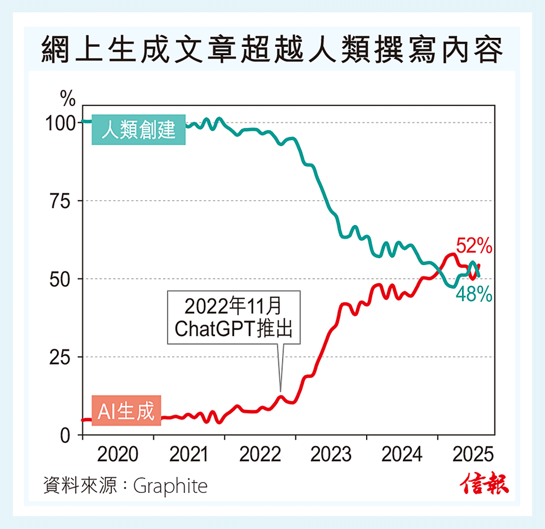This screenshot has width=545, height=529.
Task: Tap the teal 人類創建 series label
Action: point(138,129)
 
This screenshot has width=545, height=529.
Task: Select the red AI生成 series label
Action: point(126,410)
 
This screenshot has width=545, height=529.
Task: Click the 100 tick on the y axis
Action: point(60,123)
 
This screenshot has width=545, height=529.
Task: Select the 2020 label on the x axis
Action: point(118,455)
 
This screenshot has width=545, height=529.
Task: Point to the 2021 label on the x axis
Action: point(189,455)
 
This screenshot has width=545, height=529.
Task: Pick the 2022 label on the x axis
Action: point(260,455)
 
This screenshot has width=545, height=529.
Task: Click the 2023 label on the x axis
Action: point(331,455)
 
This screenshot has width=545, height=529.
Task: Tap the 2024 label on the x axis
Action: point(401,455)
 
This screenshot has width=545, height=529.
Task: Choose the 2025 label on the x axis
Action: point(472,455)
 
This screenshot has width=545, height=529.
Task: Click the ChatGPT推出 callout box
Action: point(234,318)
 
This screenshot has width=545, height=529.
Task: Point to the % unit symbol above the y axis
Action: point(68,98)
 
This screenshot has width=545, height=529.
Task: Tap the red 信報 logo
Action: point(484,484)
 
